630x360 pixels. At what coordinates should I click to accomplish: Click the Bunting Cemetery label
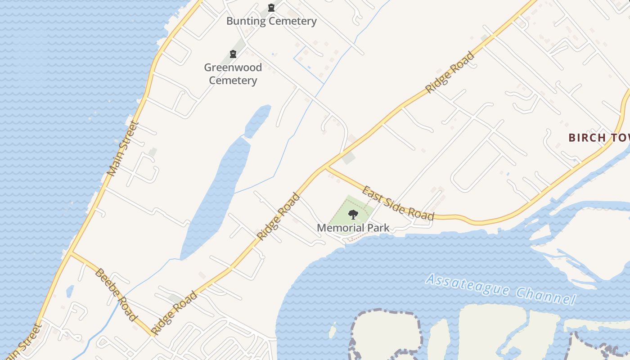tap(271, 21)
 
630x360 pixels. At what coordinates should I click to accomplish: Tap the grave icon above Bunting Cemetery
tap(271, 7)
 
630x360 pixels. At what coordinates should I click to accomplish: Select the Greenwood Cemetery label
tap(233, 74)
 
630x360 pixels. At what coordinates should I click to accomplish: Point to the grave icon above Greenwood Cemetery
tap(233, 54)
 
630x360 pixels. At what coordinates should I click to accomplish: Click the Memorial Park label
tap(353, 228)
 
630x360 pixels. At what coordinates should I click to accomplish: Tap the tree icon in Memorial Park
tap(353, 214)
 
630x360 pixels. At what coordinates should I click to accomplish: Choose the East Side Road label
tap(398, 203)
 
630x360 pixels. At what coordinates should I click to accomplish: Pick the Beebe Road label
tap(116, 295)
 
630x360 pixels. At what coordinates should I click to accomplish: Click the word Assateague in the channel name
tap(468, 284)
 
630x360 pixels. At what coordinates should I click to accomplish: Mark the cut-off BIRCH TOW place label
tap(598, 138)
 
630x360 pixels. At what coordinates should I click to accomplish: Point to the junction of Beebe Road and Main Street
tap(71, 253)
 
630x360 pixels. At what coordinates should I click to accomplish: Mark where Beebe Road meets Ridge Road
tap(153, 335)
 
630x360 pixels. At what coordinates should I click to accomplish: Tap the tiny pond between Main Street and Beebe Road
tap(70, 291)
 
